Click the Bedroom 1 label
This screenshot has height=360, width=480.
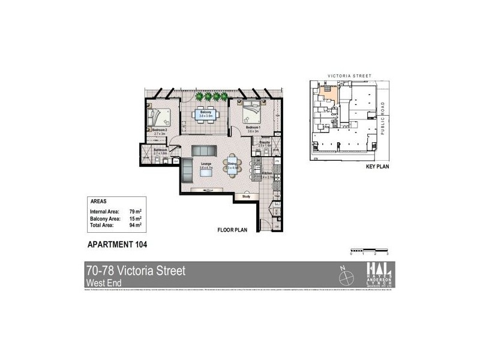252,127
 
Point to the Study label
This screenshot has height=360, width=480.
246,196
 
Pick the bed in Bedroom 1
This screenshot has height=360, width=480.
252,110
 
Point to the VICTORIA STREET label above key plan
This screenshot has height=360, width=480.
349,77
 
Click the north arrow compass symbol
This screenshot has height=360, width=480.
345,277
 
